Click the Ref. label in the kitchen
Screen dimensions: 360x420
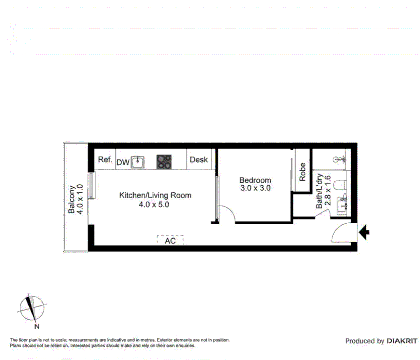pos(105,160)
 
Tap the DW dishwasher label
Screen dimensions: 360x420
pos(123,163)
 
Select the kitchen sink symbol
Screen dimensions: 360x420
pos(137,162)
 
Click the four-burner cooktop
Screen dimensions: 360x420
pos(164,162)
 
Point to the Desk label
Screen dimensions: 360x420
pos(199,160)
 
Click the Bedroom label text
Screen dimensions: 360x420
pos(255,180)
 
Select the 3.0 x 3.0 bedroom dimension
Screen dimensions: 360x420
pos(255,188)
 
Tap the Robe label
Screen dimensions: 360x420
pos(302,172)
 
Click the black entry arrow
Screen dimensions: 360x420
pos(364,232)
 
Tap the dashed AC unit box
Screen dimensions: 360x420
pos(170,240)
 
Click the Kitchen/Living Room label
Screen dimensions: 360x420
pos(155,195)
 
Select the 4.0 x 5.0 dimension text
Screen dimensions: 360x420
pos(154,205)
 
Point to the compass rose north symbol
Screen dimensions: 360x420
pos(32,308)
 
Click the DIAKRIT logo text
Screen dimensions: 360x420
pos(402,341)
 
